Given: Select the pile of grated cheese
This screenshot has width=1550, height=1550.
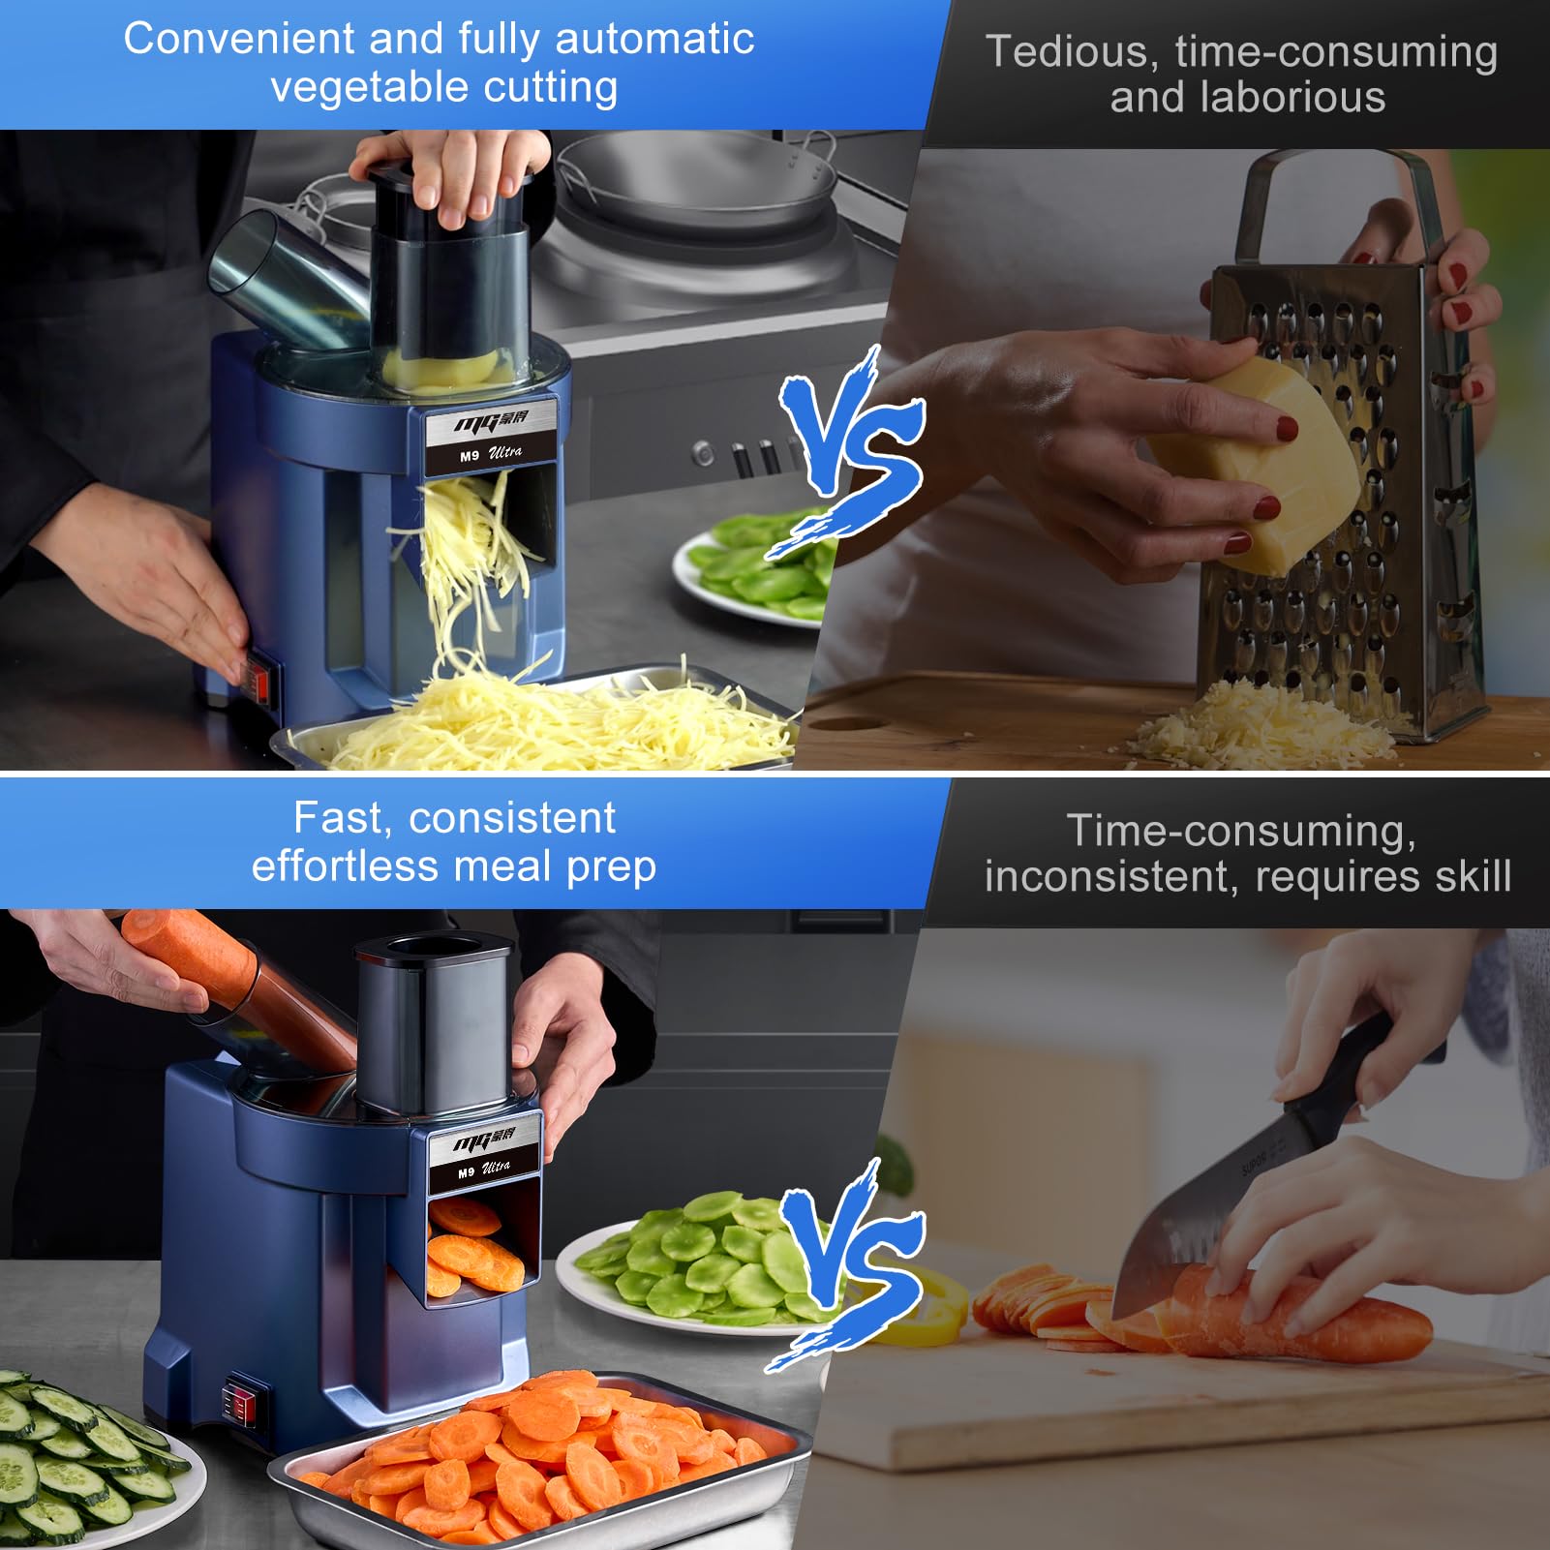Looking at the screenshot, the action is coord(1259,725).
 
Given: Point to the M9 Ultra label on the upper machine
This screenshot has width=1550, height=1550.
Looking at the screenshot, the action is coord(490,441).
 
